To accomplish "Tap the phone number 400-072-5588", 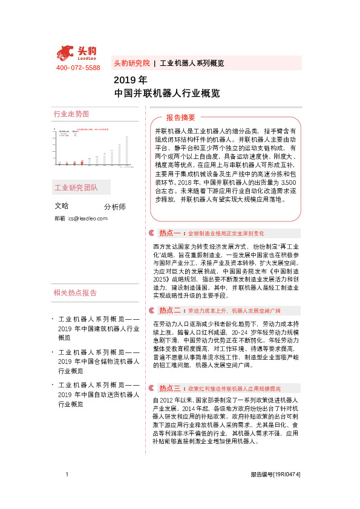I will click(x=78, y=68).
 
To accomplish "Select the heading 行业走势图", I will click(x=71, y=114).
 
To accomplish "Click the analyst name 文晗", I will click(x=62, y=206).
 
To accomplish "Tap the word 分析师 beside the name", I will click(x=115, y=207).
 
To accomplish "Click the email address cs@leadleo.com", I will click(x=88, y=218).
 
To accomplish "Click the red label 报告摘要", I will click(x=181, y=117).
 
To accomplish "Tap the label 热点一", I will click(x=170, y=233).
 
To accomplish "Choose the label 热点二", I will click(x=170, y=310).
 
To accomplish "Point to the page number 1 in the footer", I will click(x=67, y=475).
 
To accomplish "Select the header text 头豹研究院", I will click(x=131, y=63).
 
